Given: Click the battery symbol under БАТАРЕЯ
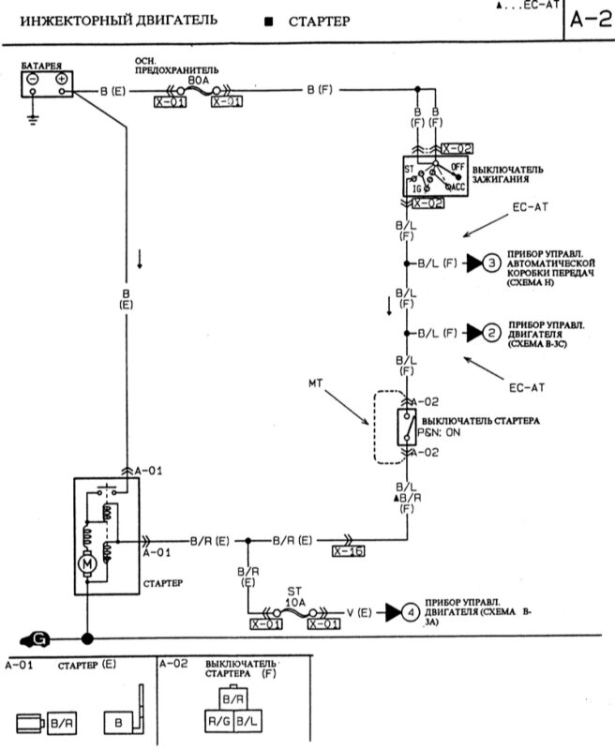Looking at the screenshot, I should click(x=46, y=84).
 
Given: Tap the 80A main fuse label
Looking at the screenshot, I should click(x=198, y=81).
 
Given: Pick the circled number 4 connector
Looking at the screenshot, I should click(x=410, y=613).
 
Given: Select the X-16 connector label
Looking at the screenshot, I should click(x=349, y=552).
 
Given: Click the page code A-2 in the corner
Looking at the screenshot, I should click(x=591, y=21).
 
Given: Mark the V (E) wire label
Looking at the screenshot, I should click(x=359, y=613).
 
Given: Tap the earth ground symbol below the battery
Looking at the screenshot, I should click(x=32, y=118).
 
